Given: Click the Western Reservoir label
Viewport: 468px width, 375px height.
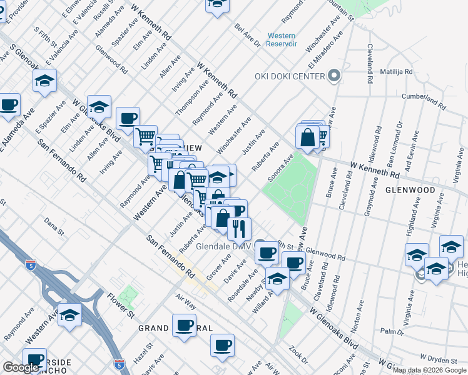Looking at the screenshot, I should point(281,39).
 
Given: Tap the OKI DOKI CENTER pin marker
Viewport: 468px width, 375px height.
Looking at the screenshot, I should point(333,76).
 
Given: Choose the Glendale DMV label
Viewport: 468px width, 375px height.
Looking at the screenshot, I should point(223,246).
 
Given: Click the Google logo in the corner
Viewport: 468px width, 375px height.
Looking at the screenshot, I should point(21,367).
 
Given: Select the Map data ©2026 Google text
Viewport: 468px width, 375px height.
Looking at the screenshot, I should point(429,370).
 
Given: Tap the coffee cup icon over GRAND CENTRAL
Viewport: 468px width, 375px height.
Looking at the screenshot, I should point(185,327).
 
